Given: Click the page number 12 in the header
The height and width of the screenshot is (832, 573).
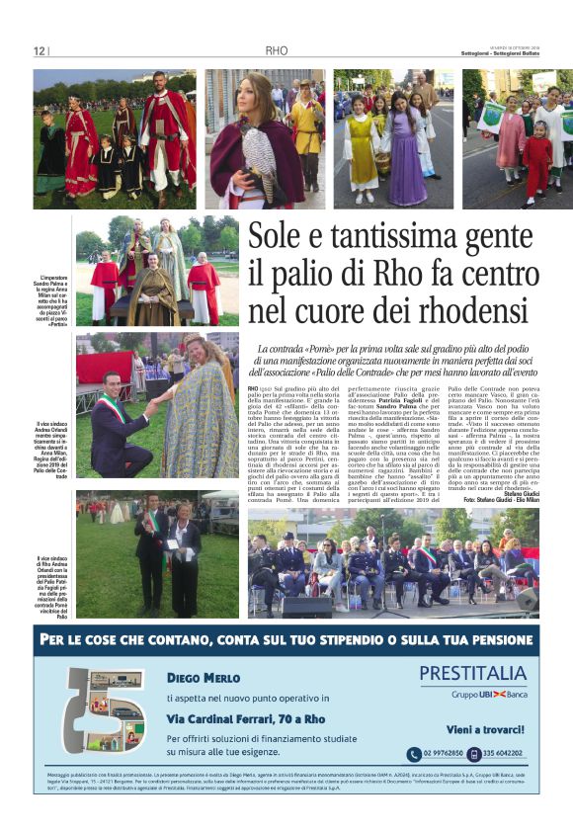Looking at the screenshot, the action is tap(40, 51).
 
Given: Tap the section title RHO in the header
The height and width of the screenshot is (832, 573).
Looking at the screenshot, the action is tap(276, 51).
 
